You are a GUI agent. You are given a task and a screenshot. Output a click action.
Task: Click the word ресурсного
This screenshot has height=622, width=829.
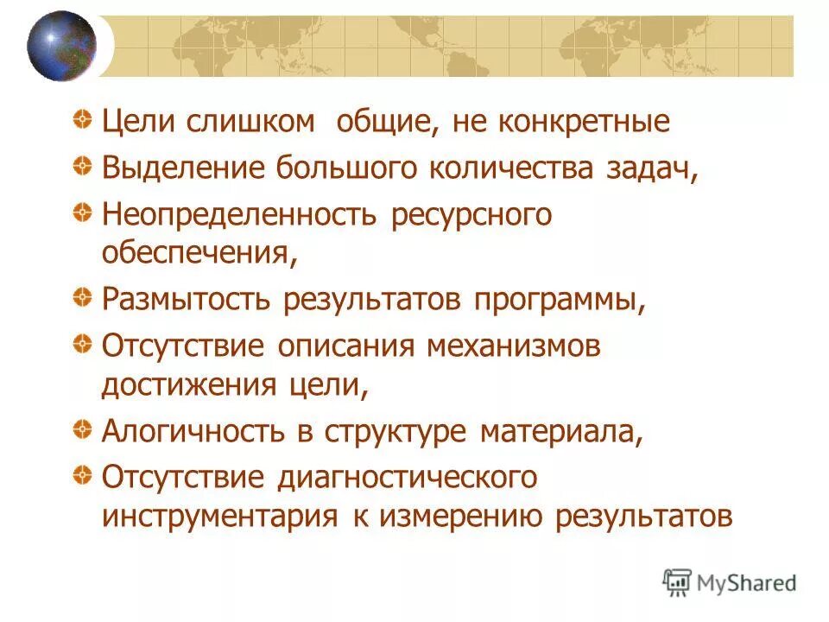click(x=471, y=213)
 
